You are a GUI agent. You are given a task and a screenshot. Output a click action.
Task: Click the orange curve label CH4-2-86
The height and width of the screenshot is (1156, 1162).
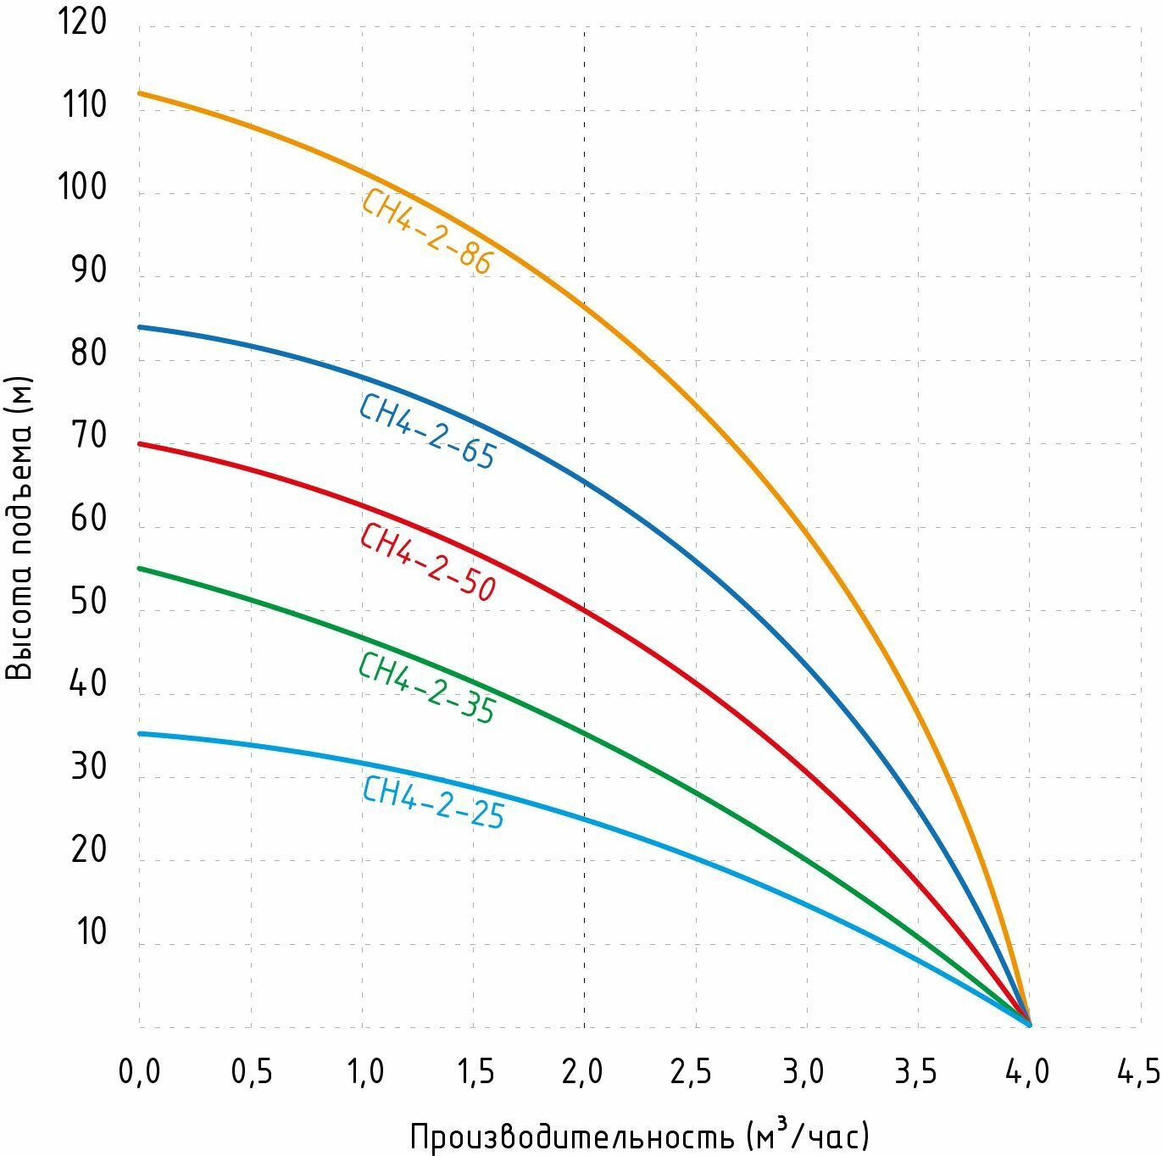(x=426, y=231)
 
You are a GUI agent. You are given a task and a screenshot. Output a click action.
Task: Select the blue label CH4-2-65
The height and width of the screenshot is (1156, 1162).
(x=426, y=431)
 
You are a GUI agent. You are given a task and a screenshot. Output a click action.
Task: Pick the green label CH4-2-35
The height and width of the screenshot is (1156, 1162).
(x=426, y=688)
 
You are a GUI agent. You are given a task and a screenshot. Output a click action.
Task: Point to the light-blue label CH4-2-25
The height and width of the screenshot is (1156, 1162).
(x=433, y=802)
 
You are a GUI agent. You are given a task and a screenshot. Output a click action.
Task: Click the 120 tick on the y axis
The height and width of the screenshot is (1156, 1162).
(x=82, y=22)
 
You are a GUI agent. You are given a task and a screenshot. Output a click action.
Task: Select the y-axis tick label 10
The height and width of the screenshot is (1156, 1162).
(x=92, y=932)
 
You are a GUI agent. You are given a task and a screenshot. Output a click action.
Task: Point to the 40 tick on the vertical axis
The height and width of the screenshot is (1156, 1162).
(x=89, y=684)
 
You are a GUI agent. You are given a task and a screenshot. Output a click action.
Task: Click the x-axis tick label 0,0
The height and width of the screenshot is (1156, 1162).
(x=139, y=1072)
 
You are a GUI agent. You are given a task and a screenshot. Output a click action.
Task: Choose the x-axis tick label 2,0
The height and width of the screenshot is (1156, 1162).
(x=583, y=1072)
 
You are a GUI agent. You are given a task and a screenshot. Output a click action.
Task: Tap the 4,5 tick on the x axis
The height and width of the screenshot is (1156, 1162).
(x=1138, y=1072)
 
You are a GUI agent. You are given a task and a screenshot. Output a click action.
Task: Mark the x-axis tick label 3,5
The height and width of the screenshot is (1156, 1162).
(x=916, y=1072)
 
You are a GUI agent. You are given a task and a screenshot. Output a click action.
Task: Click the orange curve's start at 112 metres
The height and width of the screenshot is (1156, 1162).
(x=140, y=92)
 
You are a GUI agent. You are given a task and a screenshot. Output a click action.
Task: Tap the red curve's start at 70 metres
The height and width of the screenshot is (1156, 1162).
(x=140, y=443)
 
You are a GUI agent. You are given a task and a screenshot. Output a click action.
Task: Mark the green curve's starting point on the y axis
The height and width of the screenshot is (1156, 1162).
(x=140, y=568)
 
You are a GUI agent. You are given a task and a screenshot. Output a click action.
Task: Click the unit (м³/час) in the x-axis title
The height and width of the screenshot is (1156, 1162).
(x=809, y=1136)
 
